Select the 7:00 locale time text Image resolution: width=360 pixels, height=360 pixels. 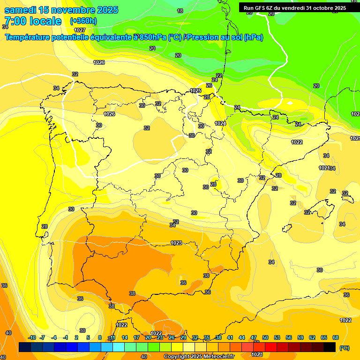(x=33, y=21)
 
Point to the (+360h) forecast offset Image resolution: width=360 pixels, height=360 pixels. (x=83, y=21)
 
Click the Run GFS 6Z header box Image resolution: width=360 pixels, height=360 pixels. (x=294, y=8)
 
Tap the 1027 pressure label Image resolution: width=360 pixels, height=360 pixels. (x=80, y=30)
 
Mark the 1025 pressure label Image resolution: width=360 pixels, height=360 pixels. (x=195, y=90)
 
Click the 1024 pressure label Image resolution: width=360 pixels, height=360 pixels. (x=220, y=123)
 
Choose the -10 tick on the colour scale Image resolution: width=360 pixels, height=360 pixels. (x=32, y=337)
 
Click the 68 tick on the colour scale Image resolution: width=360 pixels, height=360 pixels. (x=335, y=337)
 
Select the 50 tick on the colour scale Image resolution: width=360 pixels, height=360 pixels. (x=265, y=337)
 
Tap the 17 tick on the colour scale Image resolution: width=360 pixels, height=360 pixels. (x=136, y=337)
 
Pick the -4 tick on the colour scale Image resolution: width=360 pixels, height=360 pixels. (x=54, y=337)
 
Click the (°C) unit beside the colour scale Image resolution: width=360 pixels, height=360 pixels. (x=345, y=348)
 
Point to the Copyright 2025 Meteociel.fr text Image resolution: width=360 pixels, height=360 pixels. (x=199, y=357)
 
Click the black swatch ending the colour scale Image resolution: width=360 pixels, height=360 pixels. (x=330, y=347)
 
